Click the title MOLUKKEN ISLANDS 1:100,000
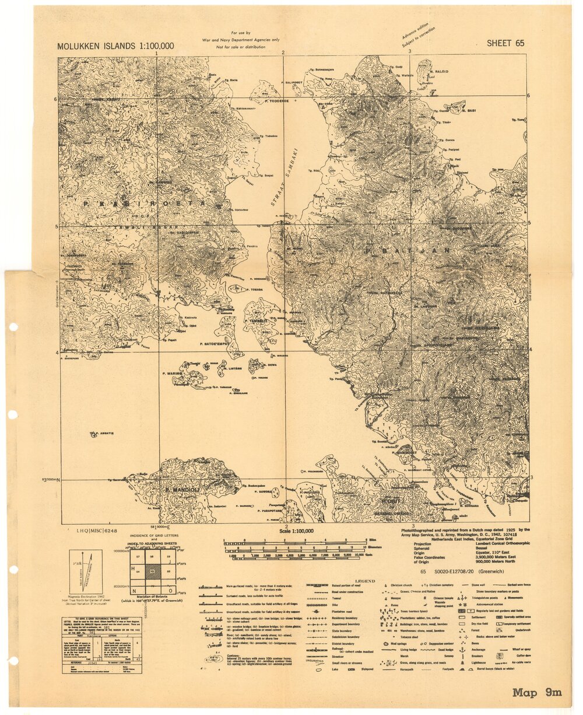pos(115,46)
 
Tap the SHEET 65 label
pos(505,43)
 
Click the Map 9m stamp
pos(537,693)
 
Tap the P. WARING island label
pos(173,372)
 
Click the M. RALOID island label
pos(440,71)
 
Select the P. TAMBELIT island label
pos(257,320)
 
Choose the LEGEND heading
pos(365,581)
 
